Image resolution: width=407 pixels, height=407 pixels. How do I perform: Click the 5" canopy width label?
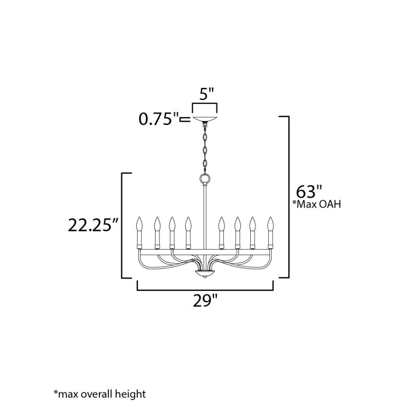pos(207,94)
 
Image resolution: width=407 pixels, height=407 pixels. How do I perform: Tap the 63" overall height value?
pos(309,192)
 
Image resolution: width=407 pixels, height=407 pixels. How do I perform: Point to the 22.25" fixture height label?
pos(94,225)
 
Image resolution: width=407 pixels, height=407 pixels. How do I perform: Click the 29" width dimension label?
pos(205,301)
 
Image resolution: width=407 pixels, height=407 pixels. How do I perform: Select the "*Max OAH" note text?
pos(316,204)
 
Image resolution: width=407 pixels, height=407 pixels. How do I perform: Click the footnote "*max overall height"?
pos(100,394)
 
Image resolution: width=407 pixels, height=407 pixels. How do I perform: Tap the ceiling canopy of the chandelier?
pos(205,119)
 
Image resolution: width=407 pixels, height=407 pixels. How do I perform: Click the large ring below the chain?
pos(205,179)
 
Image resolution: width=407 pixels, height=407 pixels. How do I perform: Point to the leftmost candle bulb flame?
pos(140,224)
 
